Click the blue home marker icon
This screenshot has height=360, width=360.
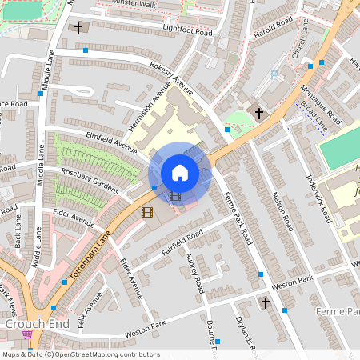[179, 173]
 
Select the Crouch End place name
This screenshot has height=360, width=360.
[30, 322]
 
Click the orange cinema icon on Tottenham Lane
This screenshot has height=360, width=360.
[146, 212]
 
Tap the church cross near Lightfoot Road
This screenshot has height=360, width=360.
[78, 28]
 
